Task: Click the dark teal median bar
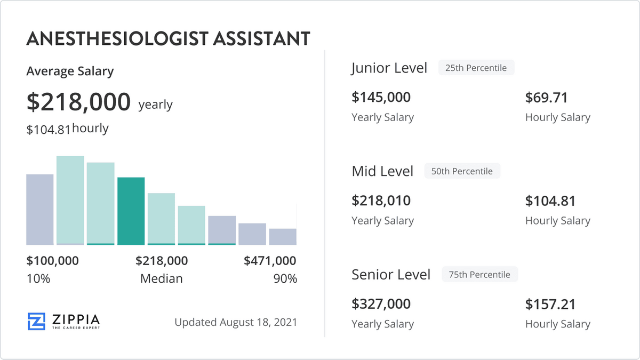(x=131, y=211)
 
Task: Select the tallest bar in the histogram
(x=70, y=200)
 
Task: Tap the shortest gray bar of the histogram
(x=283, y=236)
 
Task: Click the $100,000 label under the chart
(x=53, y=261)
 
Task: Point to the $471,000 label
(x=270, y=261)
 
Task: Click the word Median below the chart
(x=161, y=278)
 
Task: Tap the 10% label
(x=38, y=278)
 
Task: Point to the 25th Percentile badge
(x=476, y=68)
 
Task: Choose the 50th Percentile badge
(x=462, y=171)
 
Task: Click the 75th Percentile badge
(x=479, y=275)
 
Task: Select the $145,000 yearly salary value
(x=381, y=97)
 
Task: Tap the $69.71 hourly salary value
(x=547, y=97)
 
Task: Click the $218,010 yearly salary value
(x=381, y=201)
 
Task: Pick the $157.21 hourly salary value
(x=550, y=304)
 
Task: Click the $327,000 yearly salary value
(x=381, y=304)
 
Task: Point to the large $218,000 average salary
(x=78, y=101)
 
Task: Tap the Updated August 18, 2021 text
(x=236, y=322)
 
